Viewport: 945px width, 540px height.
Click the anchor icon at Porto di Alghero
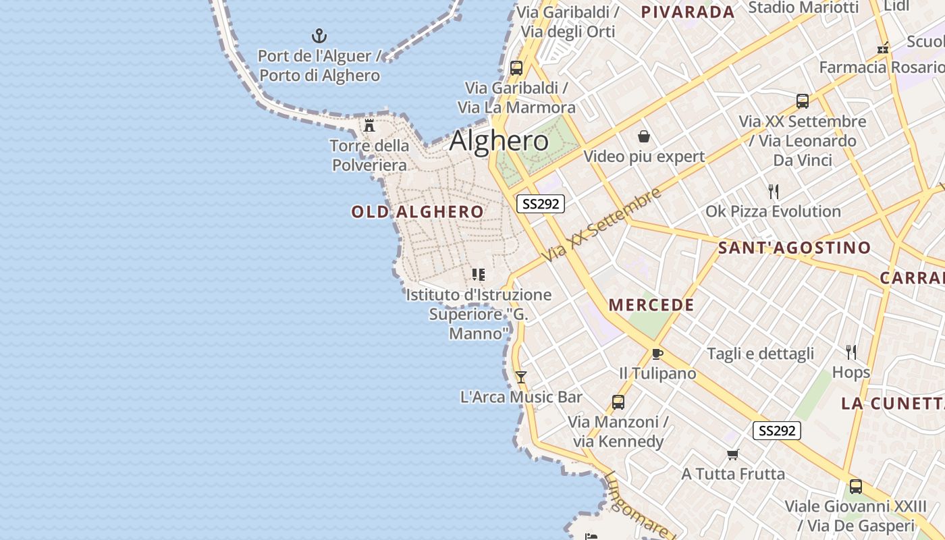point(319,36)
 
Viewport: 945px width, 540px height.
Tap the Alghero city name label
point(499,141)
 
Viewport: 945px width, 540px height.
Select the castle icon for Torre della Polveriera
point(369,125)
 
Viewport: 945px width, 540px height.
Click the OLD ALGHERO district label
point(417,212)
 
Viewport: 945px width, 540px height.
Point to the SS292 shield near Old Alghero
point(540,204)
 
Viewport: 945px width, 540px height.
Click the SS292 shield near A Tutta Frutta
point(776,431)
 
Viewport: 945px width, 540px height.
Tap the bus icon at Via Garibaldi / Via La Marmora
point(516,67)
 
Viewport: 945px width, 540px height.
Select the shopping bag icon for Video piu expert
point(644,136)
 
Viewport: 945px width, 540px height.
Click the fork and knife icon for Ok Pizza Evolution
point(774,192)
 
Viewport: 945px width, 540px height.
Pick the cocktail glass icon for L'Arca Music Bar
point(520,377)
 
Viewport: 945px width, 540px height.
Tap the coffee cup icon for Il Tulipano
point(657,354)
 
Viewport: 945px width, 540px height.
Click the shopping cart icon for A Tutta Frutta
point(733,454)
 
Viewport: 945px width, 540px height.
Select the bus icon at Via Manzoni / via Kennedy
point(618,402)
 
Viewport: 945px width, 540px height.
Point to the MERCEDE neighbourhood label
point(651,305)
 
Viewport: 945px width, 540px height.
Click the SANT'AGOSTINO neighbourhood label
point(794,248)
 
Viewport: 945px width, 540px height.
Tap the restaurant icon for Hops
point(851,352)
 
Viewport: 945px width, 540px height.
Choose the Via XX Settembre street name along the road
point(601,226)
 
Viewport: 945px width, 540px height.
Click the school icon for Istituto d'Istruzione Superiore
point(478,274)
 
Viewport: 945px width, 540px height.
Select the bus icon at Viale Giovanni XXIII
point(855,486)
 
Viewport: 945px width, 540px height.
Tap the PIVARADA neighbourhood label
point(687,11)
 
